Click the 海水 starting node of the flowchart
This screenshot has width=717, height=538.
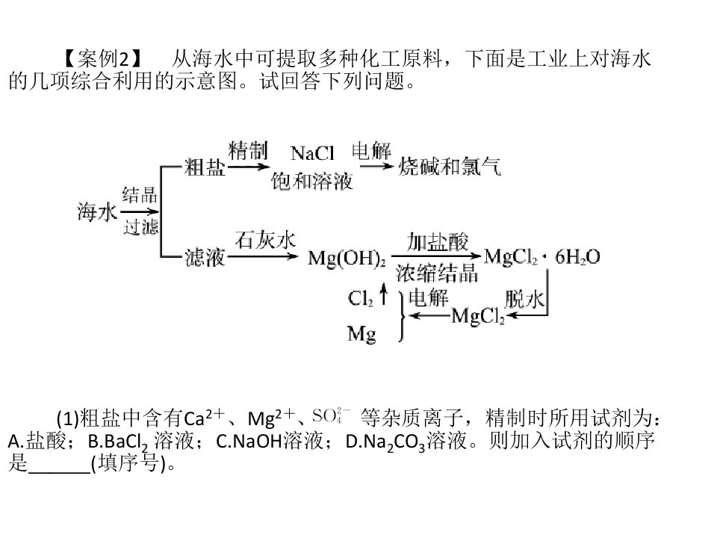[x=97, y=212]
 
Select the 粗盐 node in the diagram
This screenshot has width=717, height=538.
[x=205, y=167]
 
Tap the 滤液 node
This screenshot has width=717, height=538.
[x=205, y=258]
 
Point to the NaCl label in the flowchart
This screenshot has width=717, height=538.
[x=313, y=153]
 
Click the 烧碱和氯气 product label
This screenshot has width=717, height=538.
[x=450, y=167]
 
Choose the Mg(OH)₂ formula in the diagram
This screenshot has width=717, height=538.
[x=347, y=258]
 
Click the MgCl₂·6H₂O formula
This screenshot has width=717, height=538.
[x=542, y=256]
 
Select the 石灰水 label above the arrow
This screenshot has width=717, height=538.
[x=265, y=240]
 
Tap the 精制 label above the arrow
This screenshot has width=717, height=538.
[x=247, y=151]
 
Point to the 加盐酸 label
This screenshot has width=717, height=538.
[x=438, y=241]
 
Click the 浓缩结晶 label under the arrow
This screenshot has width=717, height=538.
[x=437, y=273]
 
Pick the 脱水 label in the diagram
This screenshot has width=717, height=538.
[x=524, y=299]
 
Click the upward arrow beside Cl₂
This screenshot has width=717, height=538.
[x=384, y=294]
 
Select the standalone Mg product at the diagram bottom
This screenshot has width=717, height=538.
[x=361, y=334]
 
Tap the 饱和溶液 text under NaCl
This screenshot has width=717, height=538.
[x=312, y=181]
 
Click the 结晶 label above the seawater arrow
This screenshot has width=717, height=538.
[x=140, y=195]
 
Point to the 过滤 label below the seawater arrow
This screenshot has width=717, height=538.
[x=140, y=227]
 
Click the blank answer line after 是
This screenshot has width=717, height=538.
[x=60, y=471]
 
